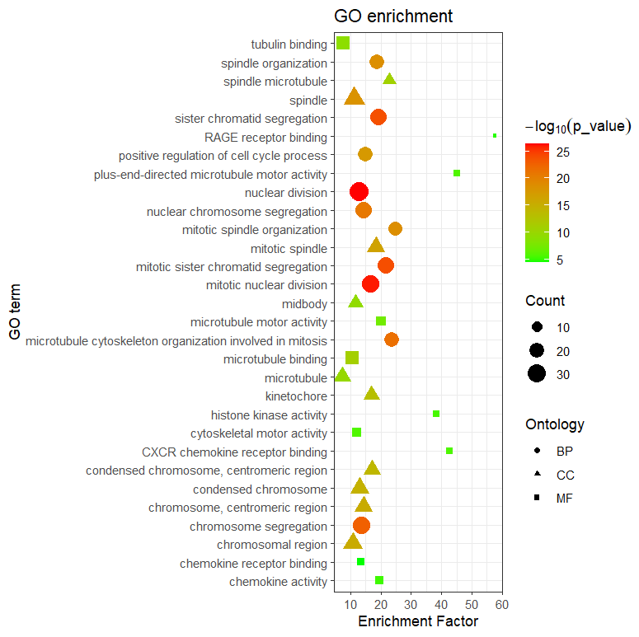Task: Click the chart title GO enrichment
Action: point(392,16)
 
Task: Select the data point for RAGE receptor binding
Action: point(495,136)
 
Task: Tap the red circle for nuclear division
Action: point(359,192)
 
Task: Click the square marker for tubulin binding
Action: point(343,43)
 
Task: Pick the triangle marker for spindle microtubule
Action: point(389,79)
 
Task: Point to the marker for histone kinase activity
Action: point(436,414)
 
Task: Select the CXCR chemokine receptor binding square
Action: point(449,451)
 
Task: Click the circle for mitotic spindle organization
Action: point(395,228)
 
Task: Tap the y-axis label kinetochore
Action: point(296,396)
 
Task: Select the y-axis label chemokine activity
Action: point(278,583)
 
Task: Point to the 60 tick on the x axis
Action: point(501,604)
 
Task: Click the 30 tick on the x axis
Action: point(411,604)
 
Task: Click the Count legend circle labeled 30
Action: point(537,374)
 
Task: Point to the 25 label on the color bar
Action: point(564,152)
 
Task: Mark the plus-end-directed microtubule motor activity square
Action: point(457,173)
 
